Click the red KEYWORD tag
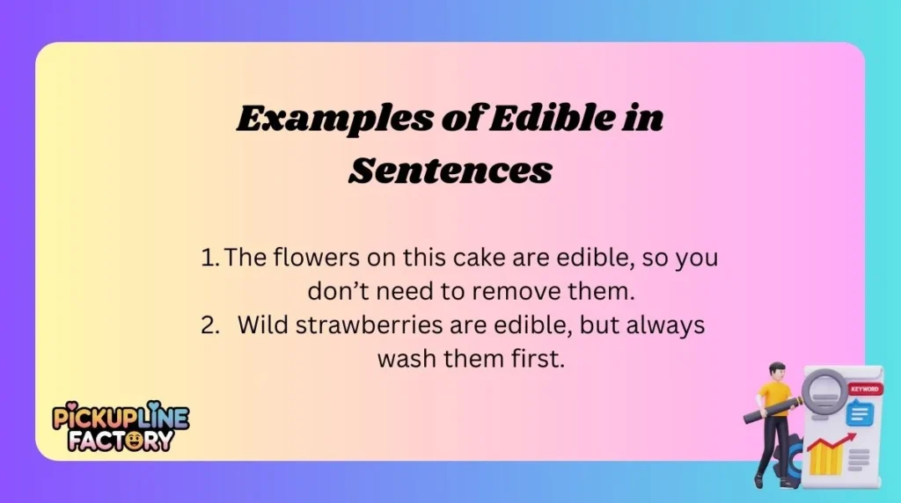tap(864, 389)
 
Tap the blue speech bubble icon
tap(858, 412)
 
